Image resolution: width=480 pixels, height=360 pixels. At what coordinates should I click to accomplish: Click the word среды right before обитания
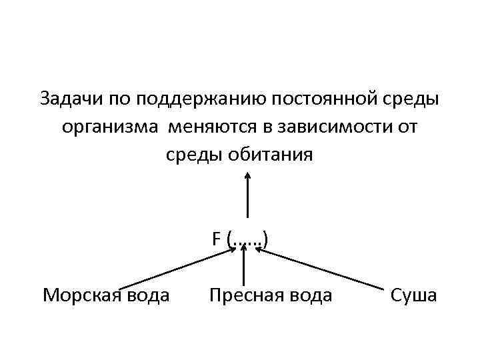pos(196,155)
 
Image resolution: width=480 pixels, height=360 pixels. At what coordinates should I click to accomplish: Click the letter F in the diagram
pos(217,238)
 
